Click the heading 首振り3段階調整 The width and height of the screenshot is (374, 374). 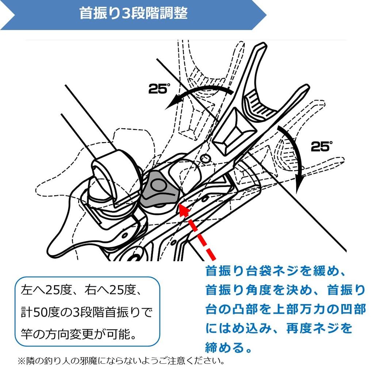[x=134, y=13]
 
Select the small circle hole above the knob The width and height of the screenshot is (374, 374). [x=205, y=158]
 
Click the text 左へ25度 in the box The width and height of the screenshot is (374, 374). [x=46, y=290]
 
